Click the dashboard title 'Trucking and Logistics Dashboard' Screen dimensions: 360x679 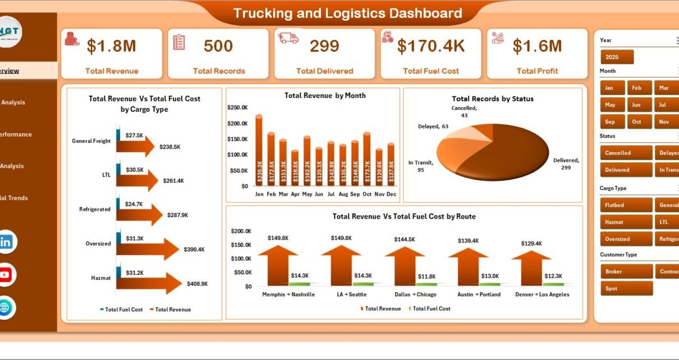[347, 13]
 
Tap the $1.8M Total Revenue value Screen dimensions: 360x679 [112, 47]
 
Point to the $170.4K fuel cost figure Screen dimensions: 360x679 [431, 47]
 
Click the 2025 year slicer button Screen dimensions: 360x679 [617, 57]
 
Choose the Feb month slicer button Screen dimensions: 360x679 [636, 88]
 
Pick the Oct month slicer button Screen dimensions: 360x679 [636, 122]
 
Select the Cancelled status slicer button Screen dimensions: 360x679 [626, 153]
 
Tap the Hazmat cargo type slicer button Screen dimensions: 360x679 [626, 222]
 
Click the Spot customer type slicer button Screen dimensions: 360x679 [626, 288]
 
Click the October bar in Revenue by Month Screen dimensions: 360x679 [367, 159]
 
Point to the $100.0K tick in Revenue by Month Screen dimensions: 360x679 [237, 155]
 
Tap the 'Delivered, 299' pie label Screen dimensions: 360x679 [566, 164]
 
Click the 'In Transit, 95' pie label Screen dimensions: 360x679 [420, 167]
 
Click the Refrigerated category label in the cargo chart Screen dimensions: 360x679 [95, 209]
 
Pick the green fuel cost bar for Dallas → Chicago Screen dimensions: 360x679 [425, 284]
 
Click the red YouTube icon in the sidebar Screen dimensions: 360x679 [6, 275]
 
